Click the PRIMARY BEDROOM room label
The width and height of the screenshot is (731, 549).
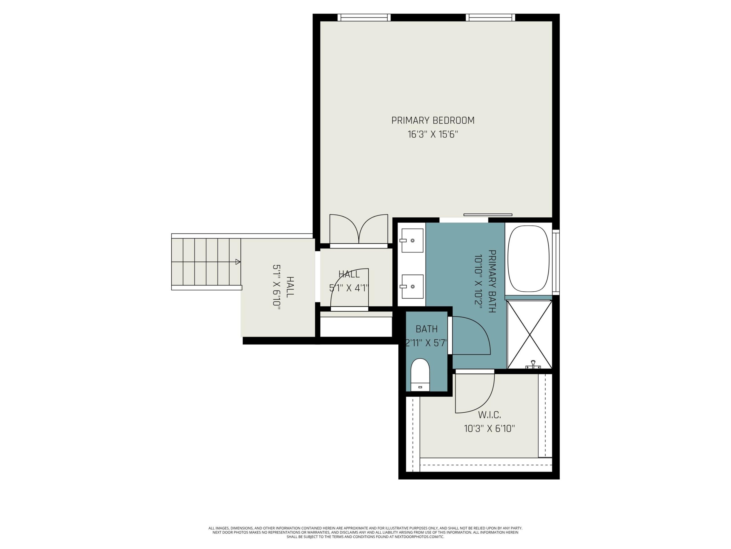[433, 120]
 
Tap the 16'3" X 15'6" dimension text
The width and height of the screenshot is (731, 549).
[433, 134]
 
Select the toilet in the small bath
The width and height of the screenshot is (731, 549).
[420, 375]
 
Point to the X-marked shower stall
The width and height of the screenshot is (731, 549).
[529, 334]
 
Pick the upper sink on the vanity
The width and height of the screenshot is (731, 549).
[412, 240]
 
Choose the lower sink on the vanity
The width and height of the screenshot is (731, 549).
[412, 286]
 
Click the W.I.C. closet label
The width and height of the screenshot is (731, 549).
[489, 415]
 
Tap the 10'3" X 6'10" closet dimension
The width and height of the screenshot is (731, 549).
[489, 429]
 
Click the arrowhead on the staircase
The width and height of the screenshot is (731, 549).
[238, 262]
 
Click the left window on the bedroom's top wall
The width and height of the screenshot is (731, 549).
[364, 17]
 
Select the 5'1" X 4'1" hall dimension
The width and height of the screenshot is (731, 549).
[349, 288]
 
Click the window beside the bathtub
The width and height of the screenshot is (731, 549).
[556, 262]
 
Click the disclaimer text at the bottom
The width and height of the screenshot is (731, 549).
[365, 532]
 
